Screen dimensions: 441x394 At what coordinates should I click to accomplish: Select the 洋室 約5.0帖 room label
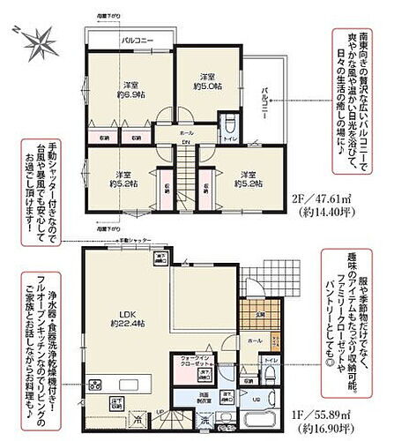point(207,80)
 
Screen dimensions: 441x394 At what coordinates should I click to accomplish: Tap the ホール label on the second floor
point(187,131)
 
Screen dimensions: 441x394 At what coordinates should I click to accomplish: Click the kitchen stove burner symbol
point(94,385)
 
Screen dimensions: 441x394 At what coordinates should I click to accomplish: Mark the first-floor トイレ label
point(271,360)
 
